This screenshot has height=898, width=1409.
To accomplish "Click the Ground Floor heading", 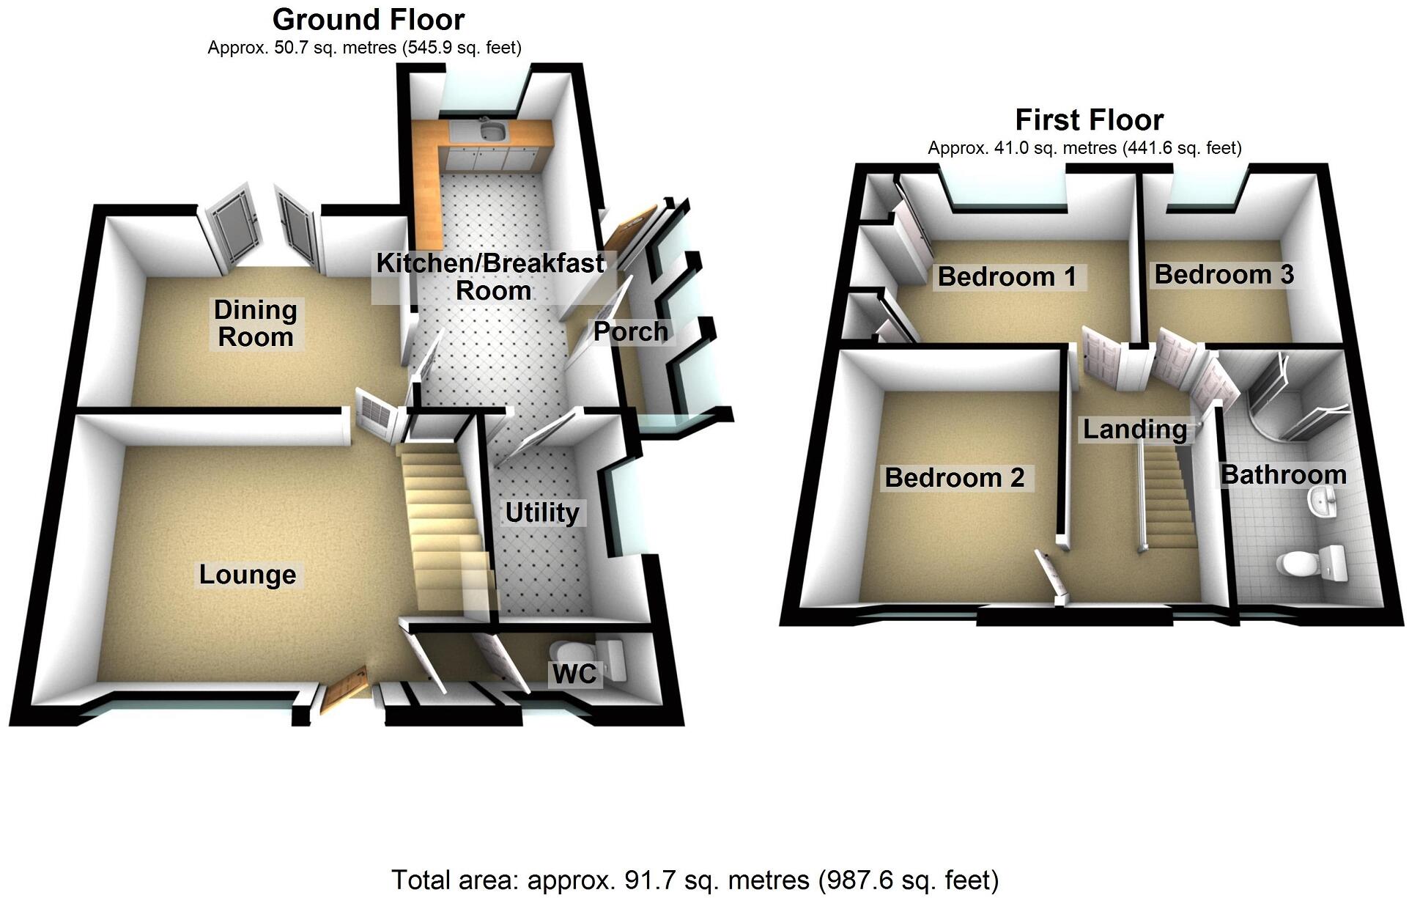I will (368, 19).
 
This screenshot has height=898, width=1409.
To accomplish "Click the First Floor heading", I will (1089, 119).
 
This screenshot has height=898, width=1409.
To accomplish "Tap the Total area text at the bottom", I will (695, 879).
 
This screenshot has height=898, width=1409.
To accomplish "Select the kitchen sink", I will (491, 132).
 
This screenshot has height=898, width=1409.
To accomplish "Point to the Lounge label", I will (248, 574).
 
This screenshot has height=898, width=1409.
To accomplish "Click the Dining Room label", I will (256, 323).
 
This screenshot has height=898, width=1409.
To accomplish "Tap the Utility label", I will (542, 512).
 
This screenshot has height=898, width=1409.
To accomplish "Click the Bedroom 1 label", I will (1007, 276).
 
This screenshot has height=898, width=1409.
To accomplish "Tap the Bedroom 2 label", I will (954, 477).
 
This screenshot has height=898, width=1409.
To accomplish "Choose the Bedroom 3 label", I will (1224, 274).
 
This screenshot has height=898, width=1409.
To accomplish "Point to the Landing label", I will (1135, 429).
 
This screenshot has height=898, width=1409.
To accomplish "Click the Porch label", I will (630, 331).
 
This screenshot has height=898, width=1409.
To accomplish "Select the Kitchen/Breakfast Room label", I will (490, 276).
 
